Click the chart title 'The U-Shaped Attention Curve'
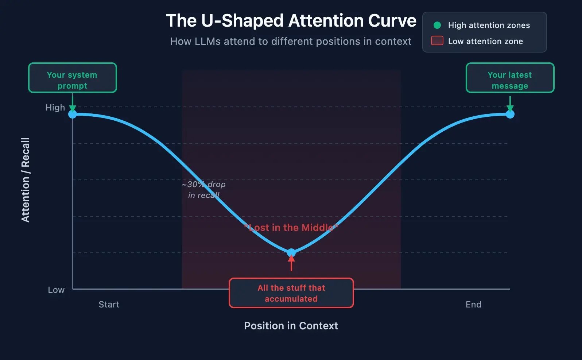click(291, 21)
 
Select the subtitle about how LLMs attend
click(291, 42)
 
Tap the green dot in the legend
click(437, 25)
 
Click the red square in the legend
click(437, 41)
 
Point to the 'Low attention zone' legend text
click(485, 41)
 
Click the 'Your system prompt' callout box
click(73, 78)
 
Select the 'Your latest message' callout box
click(510, 78)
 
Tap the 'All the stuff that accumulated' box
click(291, 293)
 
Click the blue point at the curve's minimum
click(291, 252)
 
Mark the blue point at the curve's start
click(73, 114)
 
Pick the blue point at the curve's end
click(510, 114)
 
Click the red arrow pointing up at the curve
click(291, 263)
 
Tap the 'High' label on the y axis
click(55, 108)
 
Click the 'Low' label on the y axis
click(56, 290)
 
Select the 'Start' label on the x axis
click(109, 305)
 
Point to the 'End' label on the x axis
click(473, 305)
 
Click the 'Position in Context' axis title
click(291, 326)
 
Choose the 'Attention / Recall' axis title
click(25, 180)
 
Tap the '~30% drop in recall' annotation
click(203, 190)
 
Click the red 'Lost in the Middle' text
click(291, 228)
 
